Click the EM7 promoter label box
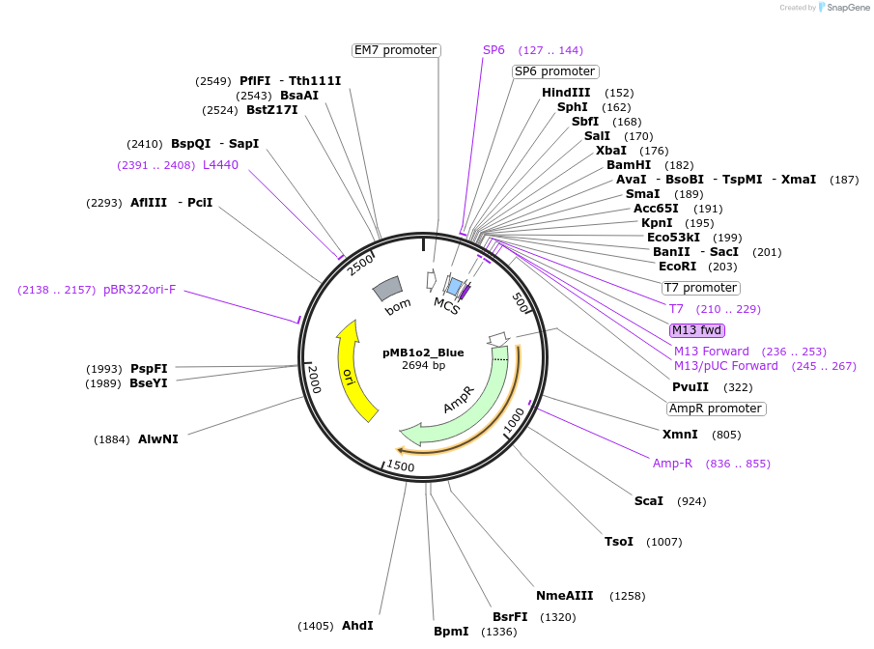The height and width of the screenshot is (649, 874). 396,50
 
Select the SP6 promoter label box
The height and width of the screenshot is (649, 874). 555,71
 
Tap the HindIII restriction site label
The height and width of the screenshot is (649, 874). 566,93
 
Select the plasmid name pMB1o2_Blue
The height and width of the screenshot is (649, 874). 423,353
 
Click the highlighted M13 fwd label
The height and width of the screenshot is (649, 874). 697,330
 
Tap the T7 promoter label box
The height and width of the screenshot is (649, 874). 701,288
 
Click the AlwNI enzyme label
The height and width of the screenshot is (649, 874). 158,439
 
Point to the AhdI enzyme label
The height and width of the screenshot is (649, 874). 357,626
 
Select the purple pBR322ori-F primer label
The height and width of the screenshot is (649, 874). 140,290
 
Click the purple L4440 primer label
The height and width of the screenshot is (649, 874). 220,165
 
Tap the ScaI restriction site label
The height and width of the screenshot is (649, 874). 649,501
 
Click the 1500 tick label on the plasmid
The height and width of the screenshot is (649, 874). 400,467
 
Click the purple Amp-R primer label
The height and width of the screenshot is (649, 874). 672,464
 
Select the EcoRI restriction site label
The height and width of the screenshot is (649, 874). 677,267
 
